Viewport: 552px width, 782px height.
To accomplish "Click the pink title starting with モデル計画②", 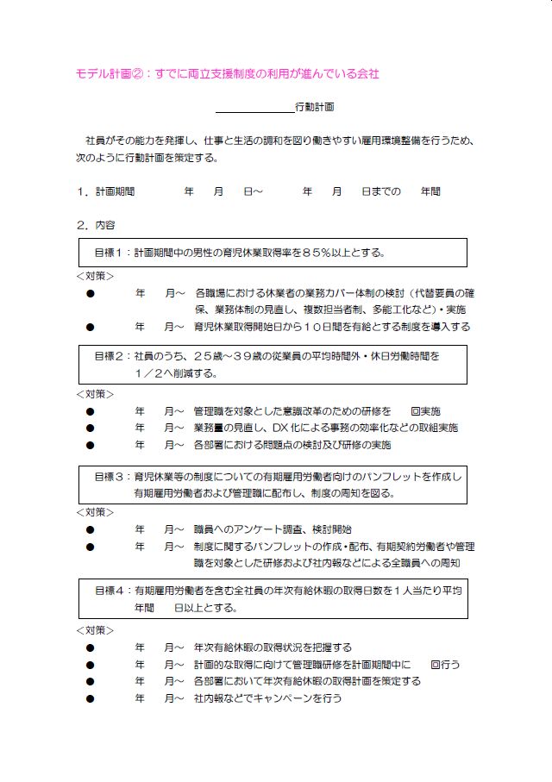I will click(x=227, y=74).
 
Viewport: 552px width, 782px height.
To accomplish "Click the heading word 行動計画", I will click(x=314, y=108).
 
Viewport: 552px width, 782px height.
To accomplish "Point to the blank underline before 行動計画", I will click(x=254, y=110).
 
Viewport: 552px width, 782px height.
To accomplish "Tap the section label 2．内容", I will click(x=95, y=225).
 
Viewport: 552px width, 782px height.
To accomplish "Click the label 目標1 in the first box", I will click(x=110, y=253).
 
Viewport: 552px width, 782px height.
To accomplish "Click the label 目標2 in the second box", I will click(x=110, y=355).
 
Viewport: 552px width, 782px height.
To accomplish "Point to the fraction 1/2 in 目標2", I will click(x=152, y=373).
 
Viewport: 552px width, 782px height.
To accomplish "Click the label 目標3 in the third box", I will click(x=110, y=476).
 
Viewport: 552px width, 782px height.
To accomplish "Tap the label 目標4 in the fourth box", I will click(x=110, y=591).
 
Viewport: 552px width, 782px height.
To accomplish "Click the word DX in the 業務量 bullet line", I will click(x=279, y=428).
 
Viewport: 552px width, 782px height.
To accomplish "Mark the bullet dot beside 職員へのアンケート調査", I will click(x=90, y=529).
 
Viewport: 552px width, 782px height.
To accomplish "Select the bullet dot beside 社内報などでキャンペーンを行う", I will click(x=90, y=698).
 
